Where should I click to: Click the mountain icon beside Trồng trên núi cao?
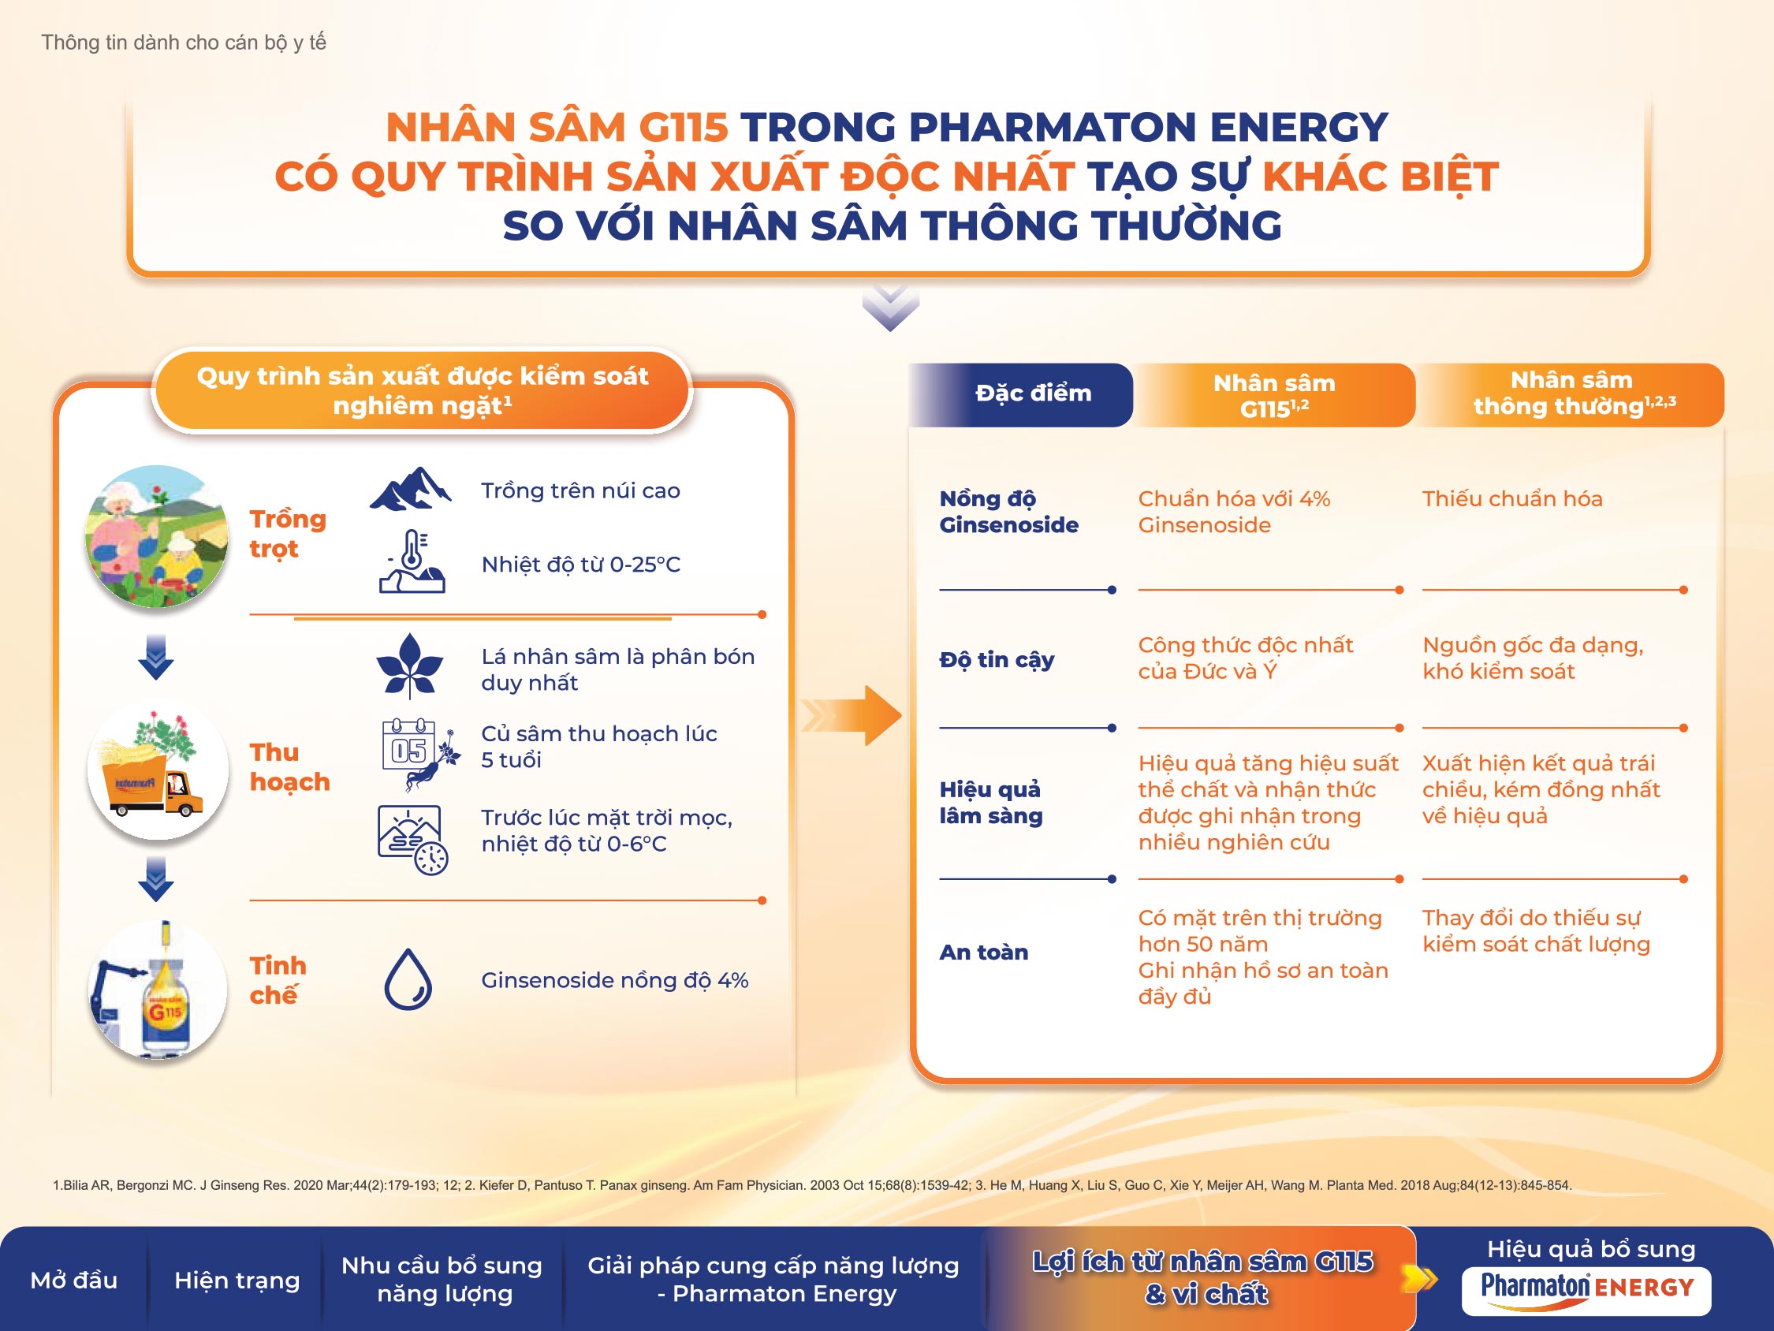(411, 488)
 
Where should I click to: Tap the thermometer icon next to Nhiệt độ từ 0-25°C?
(412, 561)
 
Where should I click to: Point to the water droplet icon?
(408, 979)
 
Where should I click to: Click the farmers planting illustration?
(157, 536)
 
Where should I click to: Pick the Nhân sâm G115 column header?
(1274, 395)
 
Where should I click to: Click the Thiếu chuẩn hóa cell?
(1511, 498)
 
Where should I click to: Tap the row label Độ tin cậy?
(997, 659)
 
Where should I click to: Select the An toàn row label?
(983, 952)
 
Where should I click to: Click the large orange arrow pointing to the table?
(852, 716)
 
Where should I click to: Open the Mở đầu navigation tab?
(74, 1280)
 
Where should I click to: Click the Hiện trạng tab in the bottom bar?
(237, 1280)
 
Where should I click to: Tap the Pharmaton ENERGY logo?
(1586, 1291)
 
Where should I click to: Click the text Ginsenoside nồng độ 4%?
(614, 979)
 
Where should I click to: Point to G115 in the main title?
(684, 127)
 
